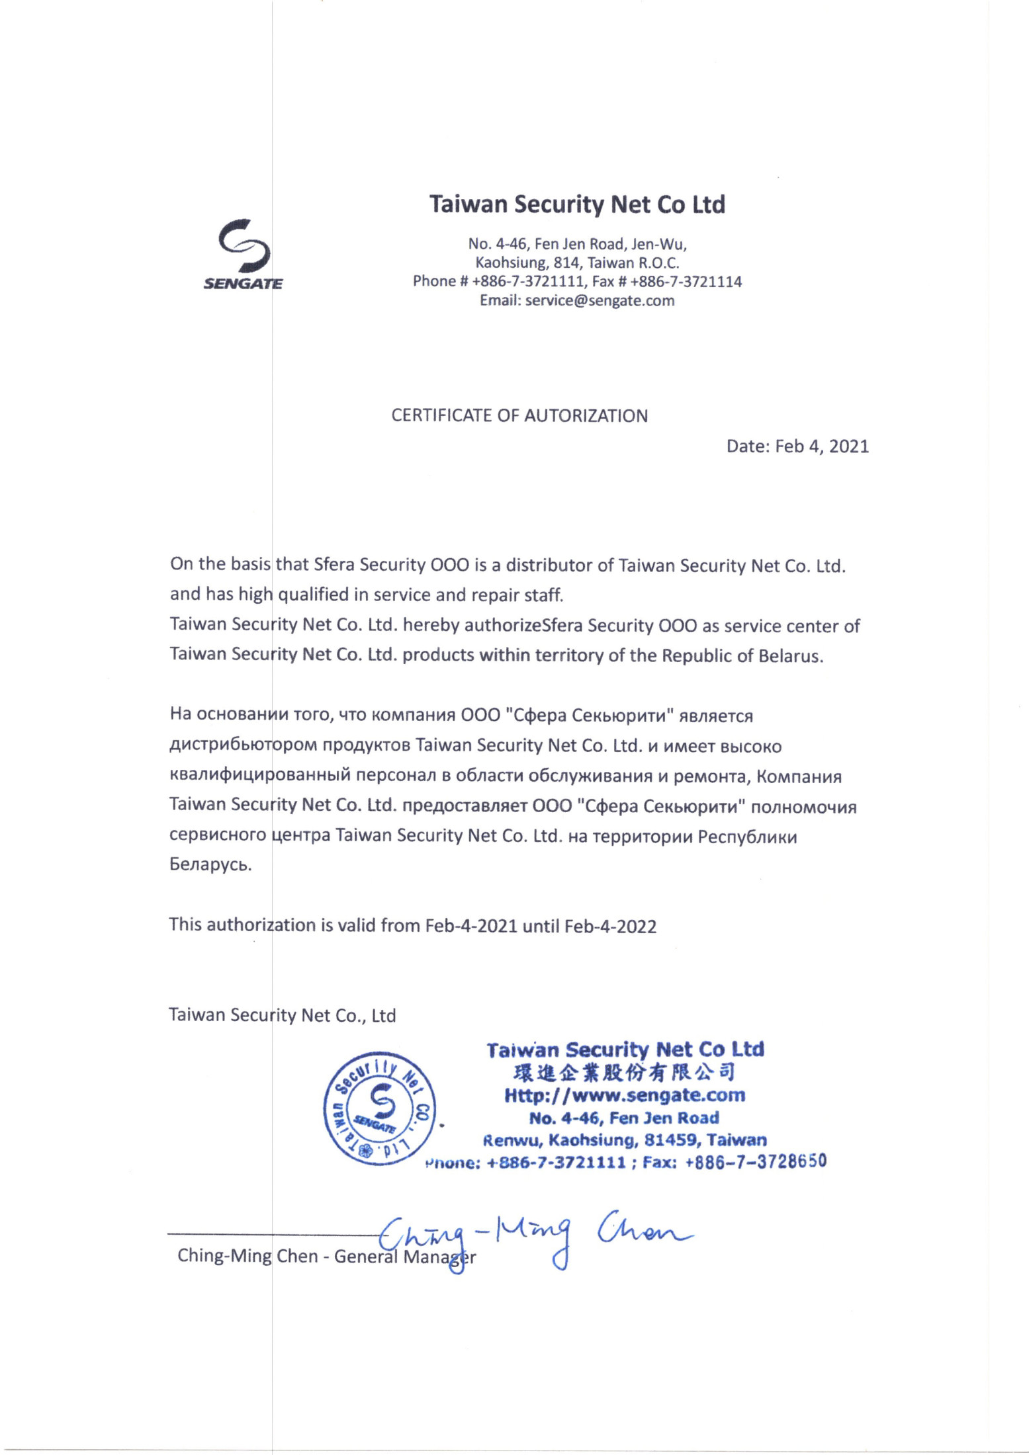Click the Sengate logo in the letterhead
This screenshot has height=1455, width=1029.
(243, 254)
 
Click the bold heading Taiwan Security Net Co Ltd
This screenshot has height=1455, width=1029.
(577, 204)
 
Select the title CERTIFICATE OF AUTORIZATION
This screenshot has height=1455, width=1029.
(519, 416)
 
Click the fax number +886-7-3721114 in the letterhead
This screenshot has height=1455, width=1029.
(686, 282)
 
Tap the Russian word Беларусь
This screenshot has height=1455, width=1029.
(210, 864)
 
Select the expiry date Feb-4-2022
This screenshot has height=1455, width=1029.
(610, 926)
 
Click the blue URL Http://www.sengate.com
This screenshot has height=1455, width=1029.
(625, 1095)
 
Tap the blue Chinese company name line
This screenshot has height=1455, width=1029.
(625, 1072)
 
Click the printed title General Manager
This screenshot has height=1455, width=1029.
(404, 1257)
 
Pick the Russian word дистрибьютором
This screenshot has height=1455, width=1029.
(244, 746)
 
